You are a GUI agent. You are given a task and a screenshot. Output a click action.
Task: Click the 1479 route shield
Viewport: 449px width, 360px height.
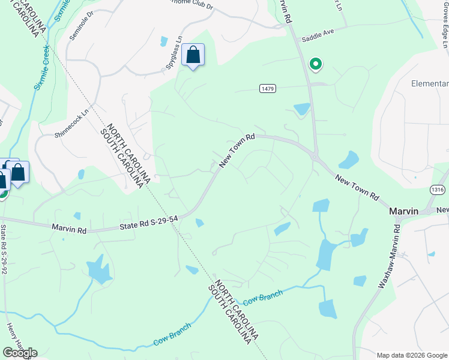point(268,89)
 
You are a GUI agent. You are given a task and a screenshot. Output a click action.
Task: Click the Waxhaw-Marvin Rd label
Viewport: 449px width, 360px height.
point(388,257)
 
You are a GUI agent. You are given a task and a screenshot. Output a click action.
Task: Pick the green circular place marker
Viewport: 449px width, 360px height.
point(315,64)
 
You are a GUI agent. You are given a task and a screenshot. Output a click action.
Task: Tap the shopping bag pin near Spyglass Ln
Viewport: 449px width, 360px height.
point(193,55)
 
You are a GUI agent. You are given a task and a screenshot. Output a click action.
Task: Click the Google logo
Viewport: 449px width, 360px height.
point(20,353)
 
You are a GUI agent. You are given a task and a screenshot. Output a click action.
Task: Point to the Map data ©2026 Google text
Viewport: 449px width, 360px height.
point(412,355)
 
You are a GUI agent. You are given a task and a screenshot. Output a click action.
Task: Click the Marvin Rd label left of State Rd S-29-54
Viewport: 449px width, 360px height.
point(70,229)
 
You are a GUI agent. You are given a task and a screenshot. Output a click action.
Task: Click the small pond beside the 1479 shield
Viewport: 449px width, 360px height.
point(301,109)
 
